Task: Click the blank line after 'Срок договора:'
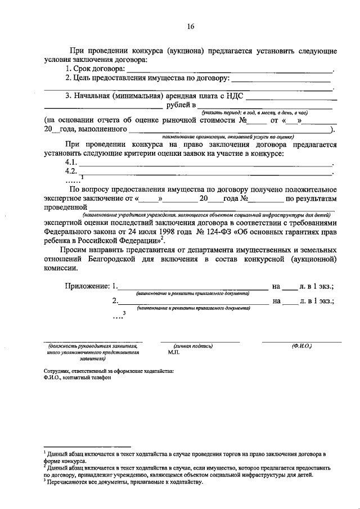(x=229, y=71)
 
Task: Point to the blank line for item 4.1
(x=205, y=164)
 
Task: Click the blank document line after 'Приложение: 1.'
(x=192, y=289)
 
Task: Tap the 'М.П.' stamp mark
(x=174, y=353)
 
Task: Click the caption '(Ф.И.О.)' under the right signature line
(x=301, y=346)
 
